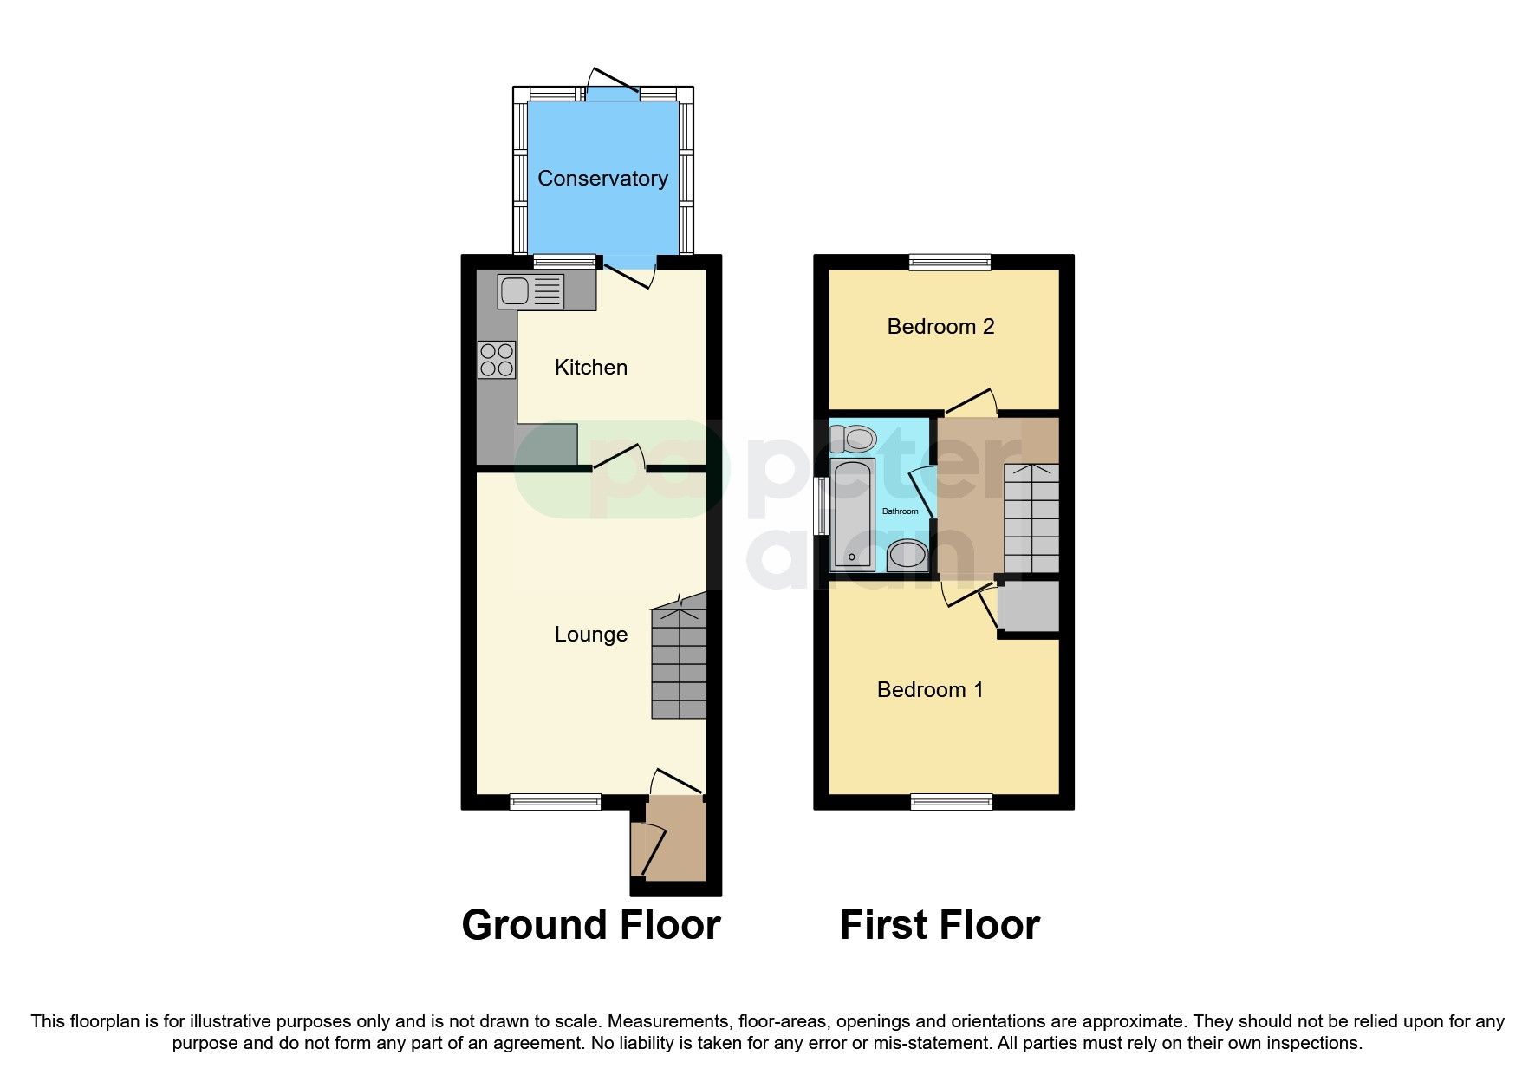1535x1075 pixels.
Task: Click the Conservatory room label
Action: [x=602, y=179]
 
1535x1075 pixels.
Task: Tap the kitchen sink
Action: [x=530, y=291]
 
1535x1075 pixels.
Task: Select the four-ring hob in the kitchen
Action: [x=497, y=360]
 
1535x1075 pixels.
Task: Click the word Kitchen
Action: [x=591, y=368]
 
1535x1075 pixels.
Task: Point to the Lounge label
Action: [x=591, y=635]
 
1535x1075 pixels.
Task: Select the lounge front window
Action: [x=555, y=802]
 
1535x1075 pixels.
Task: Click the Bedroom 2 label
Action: [x=940, y=327]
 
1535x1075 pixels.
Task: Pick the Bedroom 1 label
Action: [x=930, y=690]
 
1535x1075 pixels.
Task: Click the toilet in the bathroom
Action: [x=854, y=439]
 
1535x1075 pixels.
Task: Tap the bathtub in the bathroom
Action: [x=853, y=513]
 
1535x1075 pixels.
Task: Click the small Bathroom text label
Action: [x=900, y=511]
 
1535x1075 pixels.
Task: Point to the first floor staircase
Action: [x=1031, y=518]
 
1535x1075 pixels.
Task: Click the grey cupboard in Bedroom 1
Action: [x=1029, y=607]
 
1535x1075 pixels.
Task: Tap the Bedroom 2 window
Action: [x=950, y=262]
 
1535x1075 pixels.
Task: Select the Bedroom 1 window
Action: [x=951, y=802]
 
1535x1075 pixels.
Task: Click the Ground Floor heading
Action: [x=591, y=925]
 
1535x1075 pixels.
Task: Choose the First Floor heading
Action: [x=940, y=925]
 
